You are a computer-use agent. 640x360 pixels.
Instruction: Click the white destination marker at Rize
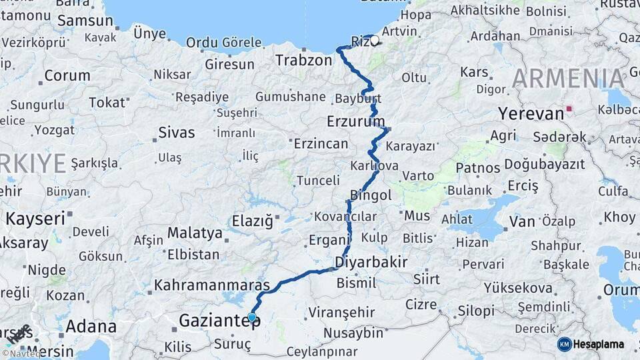coord(374,41)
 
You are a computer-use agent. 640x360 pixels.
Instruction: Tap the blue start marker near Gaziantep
coord(251,317)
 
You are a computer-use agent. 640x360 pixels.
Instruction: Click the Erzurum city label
coord(356,121)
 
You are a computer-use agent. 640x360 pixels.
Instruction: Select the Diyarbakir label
coord(371,261)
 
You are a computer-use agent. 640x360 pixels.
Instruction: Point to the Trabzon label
coord(303,61)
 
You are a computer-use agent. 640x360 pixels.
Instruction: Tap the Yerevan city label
coord(531,114)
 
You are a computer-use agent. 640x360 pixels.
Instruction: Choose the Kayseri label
coord(35,218)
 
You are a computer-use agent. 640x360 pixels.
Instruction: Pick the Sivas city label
coord(176,133)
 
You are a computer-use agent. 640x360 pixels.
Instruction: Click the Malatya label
coord(195,233)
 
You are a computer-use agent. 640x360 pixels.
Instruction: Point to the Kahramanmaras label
coord(212,285)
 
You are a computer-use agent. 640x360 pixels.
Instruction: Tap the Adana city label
coord(91,327)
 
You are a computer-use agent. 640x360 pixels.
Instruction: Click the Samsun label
coord(85,20)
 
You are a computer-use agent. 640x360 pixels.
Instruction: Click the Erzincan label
coord(321,143)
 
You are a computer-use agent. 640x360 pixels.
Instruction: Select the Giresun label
coord(230,65)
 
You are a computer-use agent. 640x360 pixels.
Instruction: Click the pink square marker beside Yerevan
coord(569,108)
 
